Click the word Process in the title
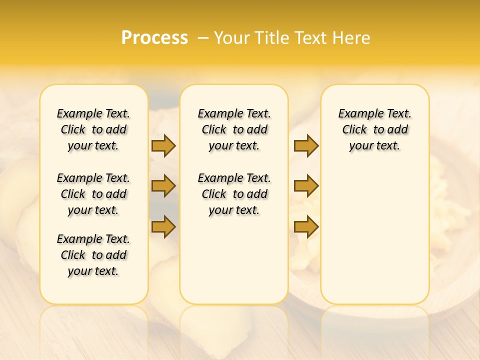pos(154,38)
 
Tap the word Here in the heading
pos(351,38)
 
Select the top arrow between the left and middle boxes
pos(163,145)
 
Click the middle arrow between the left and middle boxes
pos(163,186)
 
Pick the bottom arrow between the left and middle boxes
pos(163,227)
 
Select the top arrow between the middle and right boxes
pos(306,145)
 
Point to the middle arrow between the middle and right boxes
pos(306,186)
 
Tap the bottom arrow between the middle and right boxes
pos(306,227)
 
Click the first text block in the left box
pos(93,129)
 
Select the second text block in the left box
pos(93,194)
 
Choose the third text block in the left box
pos(93,255)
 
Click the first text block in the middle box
pos(234,129)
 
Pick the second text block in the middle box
pos(234,194)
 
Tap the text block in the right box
pos(374,129)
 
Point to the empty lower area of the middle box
pos(234,260)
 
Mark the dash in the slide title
pos(203,38)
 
